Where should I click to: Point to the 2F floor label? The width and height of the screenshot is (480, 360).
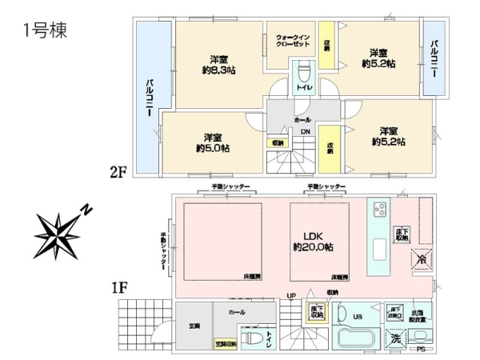tap(119, 171)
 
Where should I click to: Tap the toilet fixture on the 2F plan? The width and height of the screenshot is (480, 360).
tap(304, 89)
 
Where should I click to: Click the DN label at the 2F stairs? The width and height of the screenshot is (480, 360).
tap(305, 132)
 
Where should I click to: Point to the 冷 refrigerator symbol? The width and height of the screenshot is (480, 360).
tap(422, 259)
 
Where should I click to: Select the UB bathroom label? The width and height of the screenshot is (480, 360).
tap(358, 316)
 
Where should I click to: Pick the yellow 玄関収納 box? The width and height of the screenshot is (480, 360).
tap(226, 344)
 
